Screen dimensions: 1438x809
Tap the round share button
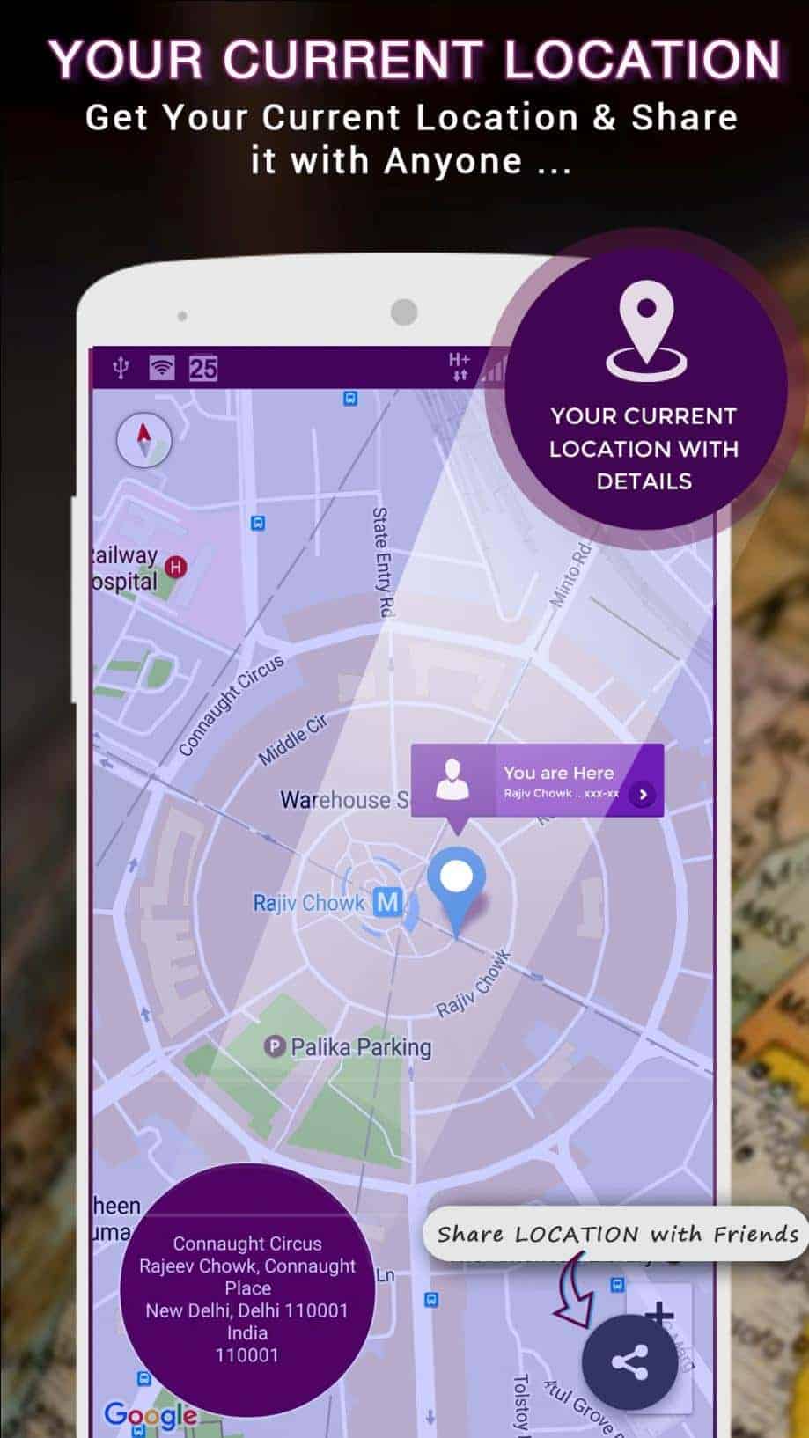(629, 1363)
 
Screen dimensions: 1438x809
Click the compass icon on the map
(143, 438)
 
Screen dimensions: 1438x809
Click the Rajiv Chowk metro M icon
(387, 901)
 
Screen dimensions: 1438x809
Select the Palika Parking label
(360, 1046)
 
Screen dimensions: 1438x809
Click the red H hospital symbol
(177, 567)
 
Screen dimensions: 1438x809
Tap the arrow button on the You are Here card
(644, 794)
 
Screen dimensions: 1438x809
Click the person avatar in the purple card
(452, 780)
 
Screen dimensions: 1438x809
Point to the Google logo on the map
(151, 1414)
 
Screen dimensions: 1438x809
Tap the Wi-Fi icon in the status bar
(161, 368)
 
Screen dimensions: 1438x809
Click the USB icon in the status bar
(121, 368)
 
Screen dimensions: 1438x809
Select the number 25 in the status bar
(202, 368)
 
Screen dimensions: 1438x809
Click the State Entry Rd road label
(381, 561)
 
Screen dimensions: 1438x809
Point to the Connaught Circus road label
(231, 705)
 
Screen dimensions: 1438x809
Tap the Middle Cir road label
(292, 739)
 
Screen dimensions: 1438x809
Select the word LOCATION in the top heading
(642, 61)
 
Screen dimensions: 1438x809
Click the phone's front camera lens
(404, 312)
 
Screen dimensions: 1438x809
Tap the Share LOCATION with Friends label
(616, 1234)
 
